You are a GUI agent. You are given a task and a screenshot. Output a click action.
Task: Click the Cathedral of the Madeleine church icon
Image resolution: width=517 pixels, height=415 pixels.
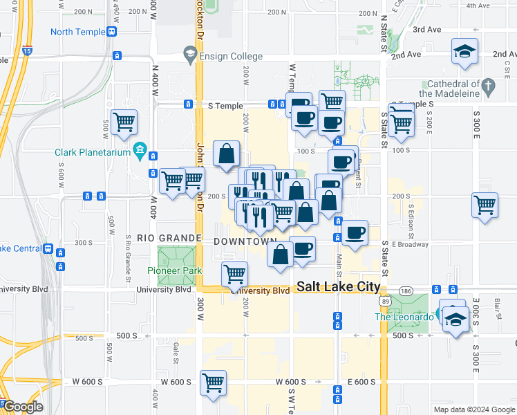pos(489,87)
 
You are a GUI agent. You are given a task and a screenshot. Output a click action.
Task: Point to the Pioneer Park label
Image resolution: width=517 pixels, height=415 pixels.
pos(173,270)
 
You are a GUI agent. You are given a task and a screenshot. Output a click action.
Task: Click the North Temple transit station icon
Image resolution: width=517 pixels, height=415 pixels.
pos(111,32)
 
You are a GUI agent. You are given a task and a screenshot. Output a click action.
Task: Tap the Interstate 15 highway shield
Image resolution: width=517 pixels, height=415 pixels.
pos(27,50)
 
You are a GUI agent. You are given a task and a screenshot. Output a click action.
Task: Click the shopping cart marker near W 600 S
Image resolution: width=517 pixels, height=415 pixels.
pos(214,382)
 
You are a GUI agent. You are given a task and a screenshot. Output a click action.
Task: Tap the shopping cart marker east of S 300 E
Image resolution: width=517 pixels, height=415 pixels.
pos(485,204)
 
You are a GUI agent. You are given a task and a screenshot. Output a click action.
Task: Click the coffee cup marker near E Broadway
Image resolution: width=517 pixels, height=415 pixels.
pos(355,232)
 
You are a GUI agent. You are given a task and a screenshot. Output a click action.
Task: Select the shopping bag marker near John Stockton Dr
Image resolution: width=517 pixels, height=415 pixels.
pos(226,154)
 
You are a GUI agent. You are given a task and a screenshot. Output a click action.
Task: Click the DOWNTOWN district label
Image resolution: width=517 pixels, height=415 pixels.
pos(245,241)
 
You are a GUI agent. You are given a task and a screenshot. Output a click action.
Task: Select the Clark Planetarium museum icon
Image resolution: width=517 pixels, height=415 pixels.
pos(140,150)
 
